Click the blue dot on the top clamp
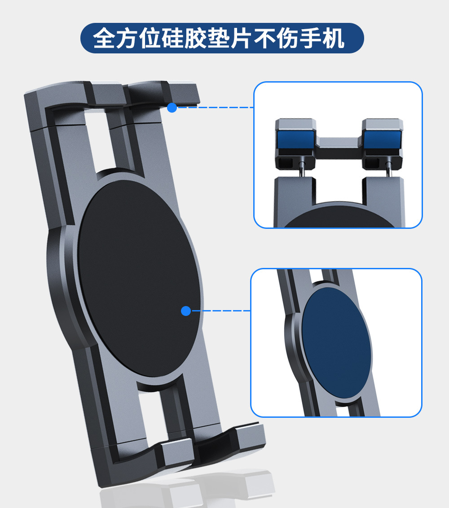(172, 108)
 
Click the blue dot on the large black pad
(186, 311)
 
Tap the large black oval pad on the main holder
(135, 278)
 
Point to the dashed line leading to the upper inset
(216, 108)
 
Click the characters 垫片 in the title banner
(235, 39)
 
